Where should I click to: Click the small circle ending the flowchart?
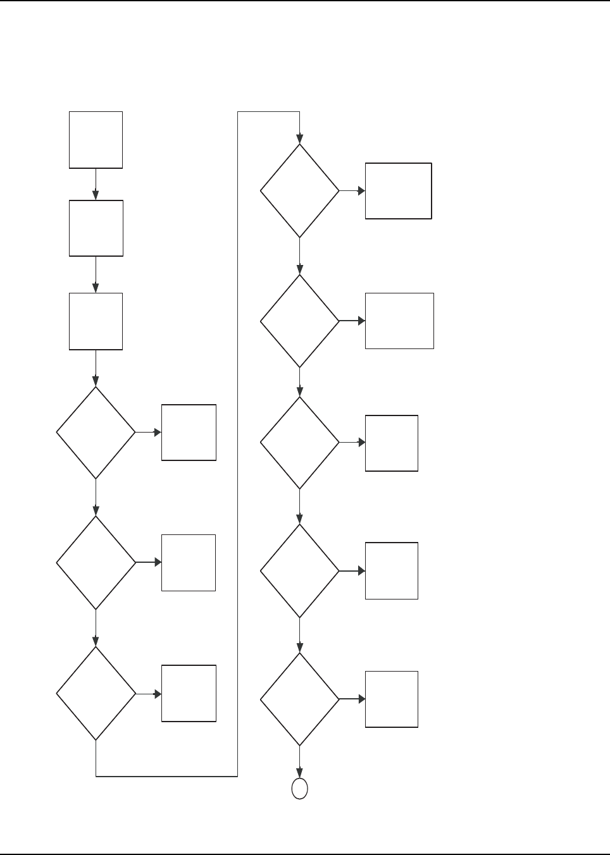299,789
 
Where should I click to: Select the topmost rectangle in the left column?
96,140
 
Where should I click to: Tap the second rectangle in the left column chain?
96,228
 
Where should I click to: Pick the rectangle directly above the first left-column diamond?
96,321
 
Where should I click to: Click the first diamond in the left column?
96,433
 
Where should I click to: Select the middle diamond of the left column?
96,563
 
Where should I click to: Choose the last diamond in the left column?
96,694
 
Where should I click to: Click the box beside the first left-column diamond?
189,433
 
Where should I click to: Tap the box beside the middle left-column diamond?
189,563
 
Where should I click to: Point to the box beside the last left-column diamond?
189,693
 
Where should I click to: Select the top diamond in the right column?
299,191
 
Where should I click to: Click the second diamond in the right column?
299,321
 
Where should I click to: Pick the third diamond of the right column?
299,443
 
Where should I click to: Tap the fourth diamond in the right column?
299,571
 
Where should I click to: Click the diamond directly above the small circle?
299,699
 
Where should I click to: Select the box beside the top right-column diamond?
399,191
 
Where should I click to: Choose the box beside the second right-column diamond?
399,321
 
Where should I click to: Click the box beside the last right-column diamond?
392,699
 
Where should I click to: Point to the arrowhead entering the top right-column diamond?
299,140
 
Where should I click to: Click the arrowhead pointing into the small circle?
299,774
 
